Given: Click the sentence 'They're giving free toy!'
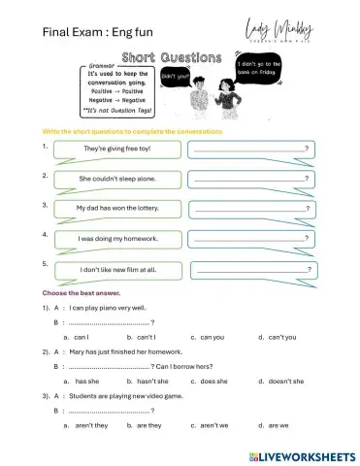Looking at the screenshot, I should coord(117,148).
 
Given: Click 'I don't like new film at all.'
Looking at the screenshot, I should coord(117,269).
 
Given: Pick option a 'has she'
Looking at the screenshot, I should coord(85,382).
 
